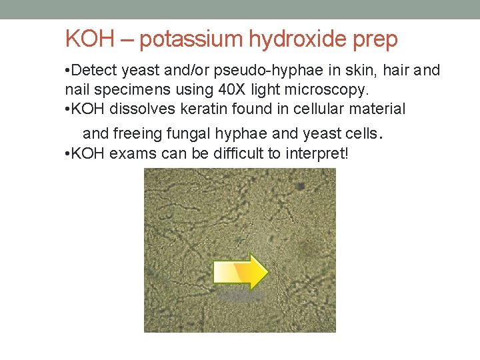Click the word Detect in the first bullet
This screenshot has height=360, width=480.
tap(95, 71)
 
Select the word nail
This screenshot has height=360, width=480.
tap(77, 89)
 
